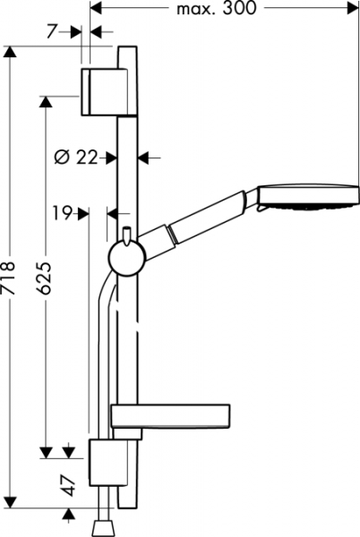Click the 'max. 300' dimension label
[216, 8]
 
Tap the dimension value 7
[51, 31]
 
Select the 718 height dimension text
[8, 277]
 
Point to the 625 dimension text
[44, 278]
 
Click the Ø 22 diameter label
[76, 158]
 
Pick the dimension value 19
[62, 213]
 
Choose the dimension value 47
[70, 485]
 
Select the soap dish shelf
[170, 416]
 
